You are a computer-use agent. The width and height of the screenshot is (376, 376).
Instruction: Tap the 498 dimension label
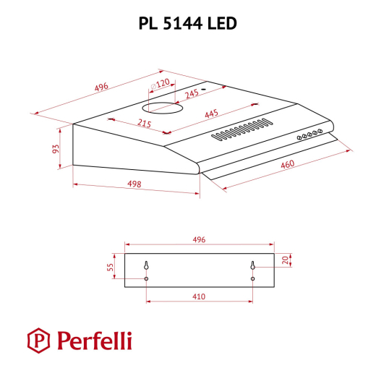tap(133, 184)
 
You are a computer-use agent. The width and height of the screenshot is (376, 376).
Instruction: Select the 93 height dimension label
tap(56, 148)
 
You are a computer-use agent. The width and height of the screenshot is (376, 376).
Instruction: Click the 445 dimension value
tap(212, 114)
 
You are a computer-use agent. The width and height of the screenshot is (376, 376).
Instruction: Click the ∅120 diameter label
tap(160, 84)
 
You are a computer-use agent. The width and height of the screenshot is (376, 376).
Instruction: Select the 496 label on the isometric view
tap(101, 87)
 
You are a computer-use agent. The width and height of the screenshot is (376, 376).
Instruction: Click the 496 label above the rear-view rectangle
tap(200, 239)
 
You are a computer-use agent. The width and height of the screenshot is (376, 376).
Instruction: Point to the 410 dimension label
tap(200, 296)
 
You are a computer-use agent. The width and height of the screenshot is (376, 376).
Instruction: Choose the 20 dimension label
tap(286, 260)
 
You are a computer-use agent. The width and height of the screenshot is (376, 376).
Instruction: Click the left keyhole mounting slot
tap(147, 267)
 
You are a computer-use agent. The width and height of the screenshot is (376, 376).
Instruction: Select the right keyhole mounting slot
tap(253, 268)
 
